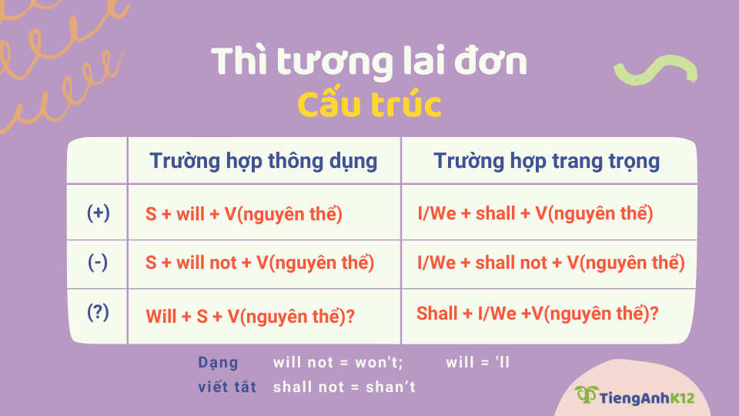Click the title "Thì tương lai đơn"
point(369,62)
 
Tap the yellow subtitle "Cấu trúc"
point(369,105)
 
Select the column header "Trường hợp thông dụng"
point(263,161)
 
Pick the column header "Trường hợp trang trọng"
point(547,161)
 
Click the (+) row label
point(98,213)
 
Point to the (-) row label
point(98,262)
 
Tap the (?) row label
point(98,313)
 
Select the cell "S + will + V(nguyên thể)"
point(243,214)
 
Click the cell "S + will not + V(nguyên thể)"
point(259,263)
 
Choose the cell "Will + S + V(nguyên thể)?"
point(250,315)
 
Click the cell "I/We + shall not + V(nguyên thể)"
point(550,263)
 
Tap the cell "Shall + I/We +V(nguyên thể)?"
point(537,314)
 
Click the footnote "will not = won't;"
point(338,362)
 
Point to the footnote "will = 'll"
point(478,362)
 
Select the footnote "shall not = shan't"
point(344,387)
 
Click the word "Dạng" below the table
point(218,362)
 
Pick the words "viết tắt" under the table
point(227,387)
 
